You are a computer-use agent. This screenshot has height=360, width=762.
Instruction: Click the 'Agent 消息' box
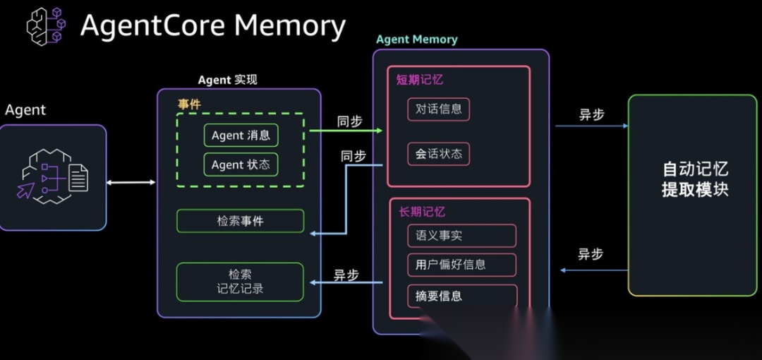241,136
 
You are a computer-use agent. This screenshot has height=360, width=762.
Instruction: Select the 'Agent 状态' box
241,165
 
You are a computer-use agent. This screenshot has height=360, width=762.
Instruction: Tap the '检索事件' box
240,221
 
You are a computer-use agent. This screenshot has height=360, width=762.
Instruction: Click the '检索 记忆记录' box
240,282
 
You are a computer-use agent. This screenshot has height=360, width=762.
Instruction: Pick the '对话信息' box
438,109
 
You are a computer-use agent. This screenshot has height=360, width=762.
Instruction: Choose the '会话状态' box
438,154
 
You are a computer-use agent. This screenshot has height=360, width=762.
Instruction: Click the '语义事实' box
461,236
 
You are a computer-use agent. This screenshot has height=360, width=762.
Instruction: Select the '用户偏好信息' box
461,265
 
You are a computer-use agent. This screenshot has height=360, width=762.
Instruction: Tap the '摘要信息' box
461,296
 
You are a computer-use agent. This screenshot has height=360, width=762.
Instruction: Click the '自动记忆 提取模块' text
695,179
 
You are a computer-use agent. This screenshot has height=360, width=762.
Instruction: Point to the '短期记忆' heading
420,80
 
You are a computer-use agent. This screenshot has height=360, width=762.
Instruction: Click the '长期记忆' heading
422,212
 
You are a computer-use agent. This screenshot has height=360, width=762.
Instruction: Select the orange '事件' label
189,104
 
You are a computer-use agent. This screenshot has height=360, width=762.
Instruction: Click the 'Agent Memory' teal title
417,40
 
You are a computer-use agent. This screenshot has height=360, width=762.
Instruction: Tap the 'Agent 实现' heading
227,80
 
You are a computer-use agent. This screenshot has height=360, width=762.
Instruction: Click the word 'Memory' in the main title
290,26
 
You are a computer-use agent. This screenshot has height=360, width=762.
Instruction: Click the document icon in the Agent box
78,177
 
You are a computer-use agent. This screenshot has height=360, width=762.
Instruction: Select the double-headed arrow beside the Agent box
131,183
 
